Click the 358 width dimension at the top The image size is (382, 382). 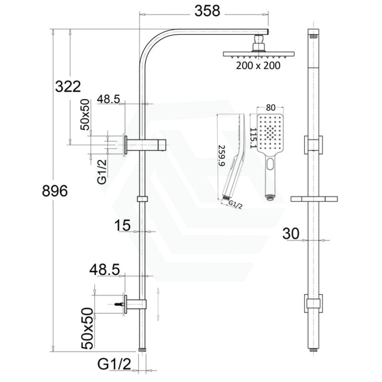[207, 11]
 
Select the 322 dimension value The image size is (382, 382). [68, 87]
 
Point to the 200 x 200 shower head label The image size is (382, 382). [258, 66]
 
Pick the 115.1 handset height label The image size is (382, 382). [253, 138]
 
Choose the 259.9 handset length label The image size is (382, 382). [222, 156]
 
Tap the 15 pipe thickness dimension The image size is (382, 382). [122, 225]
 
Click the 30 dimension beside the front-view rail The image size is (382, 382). [291, 233]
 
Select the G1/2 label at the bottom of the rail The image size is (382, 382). [114, 365]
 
